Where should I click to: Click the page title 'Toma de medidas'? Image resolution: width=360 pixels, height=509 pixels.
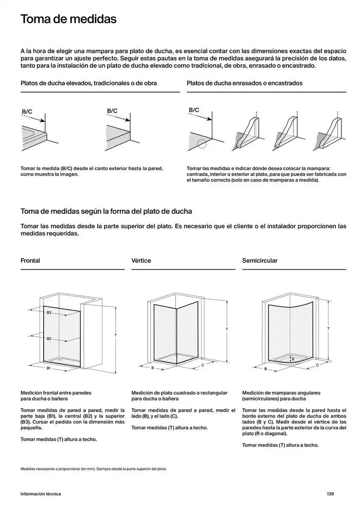(x=68, y=20)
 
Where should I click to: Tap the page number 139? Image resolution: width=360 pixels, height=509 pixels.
(x=330, y=494)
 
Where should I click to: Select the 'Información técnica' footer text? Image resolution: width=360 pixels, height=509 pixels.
(x=41, y=494)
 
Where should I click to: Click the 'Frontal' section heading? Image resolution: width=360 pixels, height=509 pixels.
(x=30, y=261)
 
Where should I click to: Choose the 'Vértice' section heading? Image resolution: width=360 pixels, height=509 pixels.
(x=141, y=261)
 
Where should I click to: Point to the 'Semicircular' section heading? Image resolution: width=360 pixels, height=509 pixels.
(x=260, y=261)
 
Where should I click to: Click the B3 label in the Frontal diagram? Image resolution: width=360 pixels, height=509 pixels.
(x=49, y=313)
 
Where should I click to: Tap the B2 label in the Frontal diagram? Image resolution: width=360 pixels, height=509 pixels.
(x=49, y=338)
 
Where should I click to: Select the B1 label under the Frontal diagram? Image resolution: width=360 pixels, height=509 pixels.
(x=49, y=369)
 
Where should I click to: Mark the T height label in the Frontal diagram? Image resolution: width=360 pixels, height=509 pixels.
(x=116, y=335)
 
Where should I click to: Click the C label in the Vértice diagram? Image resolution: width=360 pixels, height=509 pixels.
(x=204, y=365)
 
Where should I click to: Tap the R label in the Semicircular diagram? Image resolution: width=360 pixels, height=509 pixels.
(x=293, y=359)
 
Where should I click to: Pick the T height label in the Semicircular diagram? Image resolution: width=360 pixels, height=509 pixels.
(x=328, y=329)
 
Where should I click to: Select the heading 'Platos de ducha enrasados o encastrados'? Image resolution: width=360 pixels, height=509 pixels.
(x=245, y=83)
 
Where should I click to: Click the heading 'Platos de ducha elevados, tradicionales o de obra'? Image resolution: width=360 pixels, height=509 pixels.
(x=89, y=83)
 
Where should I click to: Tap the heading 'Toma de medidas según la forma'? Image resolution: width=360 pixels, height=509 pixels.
(x=106, y=211)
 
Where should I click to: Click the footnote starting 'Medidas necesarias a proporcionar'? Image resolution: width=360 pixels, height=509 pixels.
(x=94, y=469)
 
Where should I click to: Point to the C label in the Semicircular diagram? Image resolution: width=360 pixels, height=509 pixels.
(x=317, y=365)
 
